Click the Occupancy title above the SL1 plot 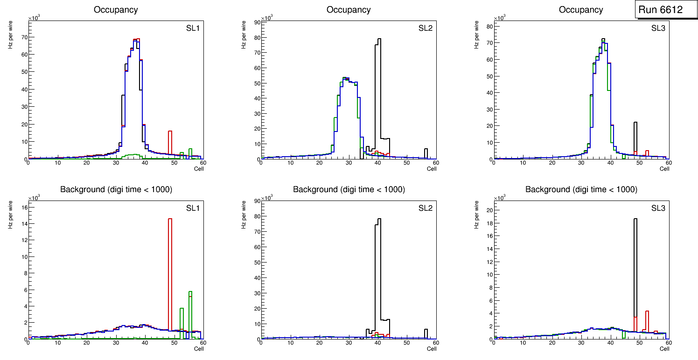pyautogui.click(x=116, y=10)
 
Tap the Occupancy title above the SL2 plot pyautogui.click(x=349, y=10)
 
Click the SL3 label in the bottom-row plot pyautogui.click(x=658, y=208)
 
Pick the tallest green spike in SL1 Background pyautogui.click(x=190, y=308)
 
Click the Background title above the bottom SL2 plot pyautogui.click(x=349, y=189)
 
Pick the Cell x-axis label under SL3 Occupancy pyautogui.click(x=664, y=169)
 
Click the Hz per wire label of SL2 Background pyautogui.click(x=244, y=215)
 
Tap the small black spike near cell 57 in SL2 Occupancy pyautogui.click(x=426, y=152)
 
